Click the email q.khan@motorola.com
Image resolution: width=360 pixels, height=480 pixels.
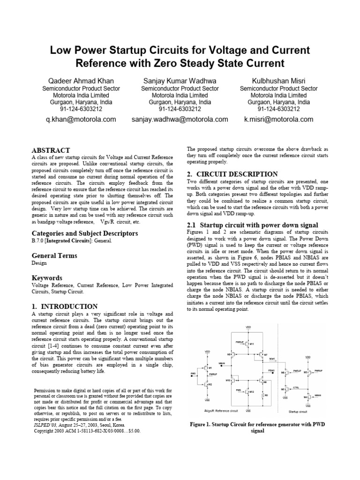tap(81, 120)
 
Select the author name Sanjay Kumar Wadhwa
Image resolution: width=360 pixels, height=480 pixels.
tap(180, 81)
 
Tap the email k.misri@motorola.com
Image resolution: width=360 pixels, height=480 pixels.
tap(278, 120)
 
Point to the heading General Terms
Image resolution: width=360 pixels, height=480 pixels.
tap(54, 255)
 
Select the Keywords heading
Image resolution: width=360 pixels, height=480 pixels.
tap(47, 278)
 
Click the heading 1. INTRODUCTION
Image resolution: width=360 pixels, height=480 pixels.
tap(64, 306)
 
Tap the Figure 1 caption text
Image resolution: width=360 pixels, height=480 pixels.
tap(257, 427)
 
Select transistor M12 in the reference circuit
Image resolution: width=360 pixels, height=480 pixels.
tap(250, 391)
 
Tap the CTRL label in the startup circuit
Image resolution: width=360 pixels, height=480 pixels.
tap(296, 388)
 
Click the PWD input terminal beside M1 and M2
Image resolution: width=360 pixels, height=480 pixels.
tap(193, 374)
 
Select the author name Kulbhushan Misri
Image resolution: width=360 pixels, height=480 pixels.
tap(278, 81)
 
